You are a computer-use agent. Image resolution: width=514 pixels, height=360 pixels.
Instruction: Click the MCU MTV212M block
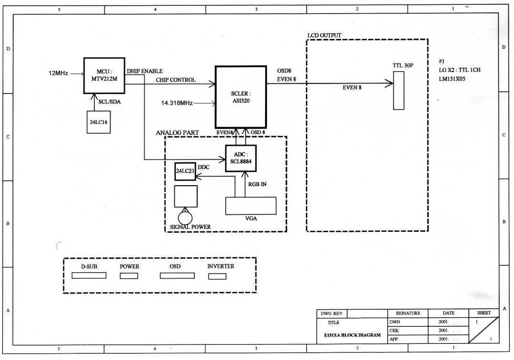104,76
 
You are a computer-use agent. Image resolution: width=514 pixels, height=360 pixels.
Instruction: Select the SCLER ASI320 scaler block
240,97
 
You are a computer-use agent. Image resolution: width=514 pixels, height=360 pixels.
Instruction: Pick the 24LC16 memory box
99,122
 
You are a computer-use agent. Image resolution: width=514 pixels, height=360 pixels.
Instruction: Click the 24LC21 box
185,171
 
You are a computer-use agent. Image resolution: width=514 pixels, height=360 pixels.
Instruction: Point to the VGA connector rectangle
251,205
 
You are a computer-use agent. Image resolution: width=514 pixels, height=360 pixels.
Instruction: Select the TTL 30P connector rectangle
399,90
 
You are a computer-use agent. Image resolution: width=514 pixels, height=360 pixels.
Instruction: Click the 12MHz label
58,73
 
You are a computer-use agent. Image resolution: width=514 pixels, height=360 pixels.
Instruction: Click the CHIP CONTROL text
175,80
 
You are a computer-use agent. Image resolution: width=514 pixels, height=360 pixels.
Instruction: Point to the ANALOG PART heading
177,132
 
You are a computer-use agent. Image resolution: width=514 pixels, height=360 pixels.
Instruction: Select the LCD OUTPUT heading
324,36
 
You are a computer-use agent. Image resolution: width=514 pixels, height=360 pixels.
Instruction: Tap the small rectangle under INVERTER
217,276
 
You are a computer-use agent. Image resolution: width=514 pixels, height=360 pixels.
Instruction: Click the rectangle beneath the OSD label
177,276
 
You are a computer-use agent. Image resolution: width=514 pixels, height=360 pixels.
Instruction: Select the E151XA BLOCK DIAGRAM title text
349,335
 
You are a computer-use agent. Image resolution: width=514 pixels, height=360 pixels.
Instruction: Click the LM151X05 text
452,79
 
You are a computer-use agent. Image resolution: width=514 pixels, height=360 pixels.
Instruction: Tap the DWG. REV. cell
332,313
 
